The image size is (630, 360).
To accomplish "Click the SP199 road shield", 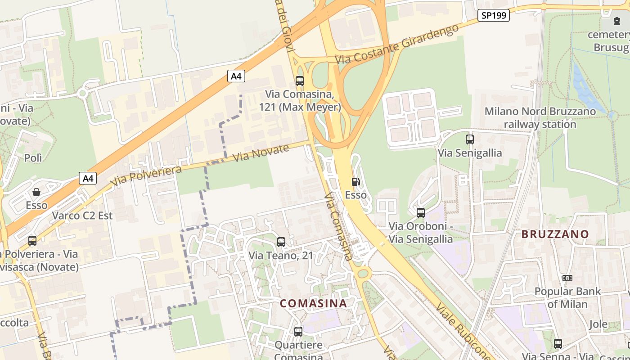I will click(493, 15).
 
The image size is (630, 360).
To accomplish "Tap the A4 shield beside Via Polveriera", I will click(88, 178).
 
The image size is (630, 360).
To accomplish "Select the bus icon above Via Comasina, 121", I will click(299, 81).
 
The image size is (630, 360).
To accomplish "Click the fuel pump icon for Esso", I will click(355, 182).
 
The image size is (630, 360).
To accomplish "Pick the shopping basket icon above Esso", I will click(36, 192).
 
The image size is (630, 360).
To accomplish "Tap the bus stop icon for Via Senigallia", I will click(470, 139).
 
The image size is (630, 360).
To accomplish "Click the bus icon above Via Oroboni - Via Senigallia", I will click(421, 212).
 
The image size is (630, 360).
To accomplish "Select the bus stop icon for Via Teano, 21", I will click(281, 242).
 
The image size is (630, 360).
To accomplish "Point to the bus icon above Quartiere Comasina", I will click(298, 332).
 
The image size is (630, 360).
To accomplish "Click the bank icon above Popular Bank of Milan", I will click(567, 278).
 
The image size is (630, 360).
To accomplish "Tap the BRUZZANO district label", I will click(555, 234).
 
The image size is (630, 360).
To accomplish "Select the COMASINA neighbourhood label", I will click(313, 303).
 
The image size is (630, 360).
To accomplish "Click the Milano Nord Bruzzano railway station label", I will click(540, 117).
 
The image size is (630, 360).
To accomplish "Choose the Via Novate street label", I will click(261, 153).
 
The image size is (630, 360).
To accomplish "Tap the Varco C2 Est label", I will click(82, 216).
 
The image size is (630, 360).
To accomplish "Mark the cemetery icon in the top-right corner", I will click(616, 21).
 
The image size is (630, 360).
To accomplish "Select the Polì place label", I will click(33, 158).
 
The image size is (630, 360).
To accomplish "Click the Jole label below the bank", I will click(598, 324).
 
